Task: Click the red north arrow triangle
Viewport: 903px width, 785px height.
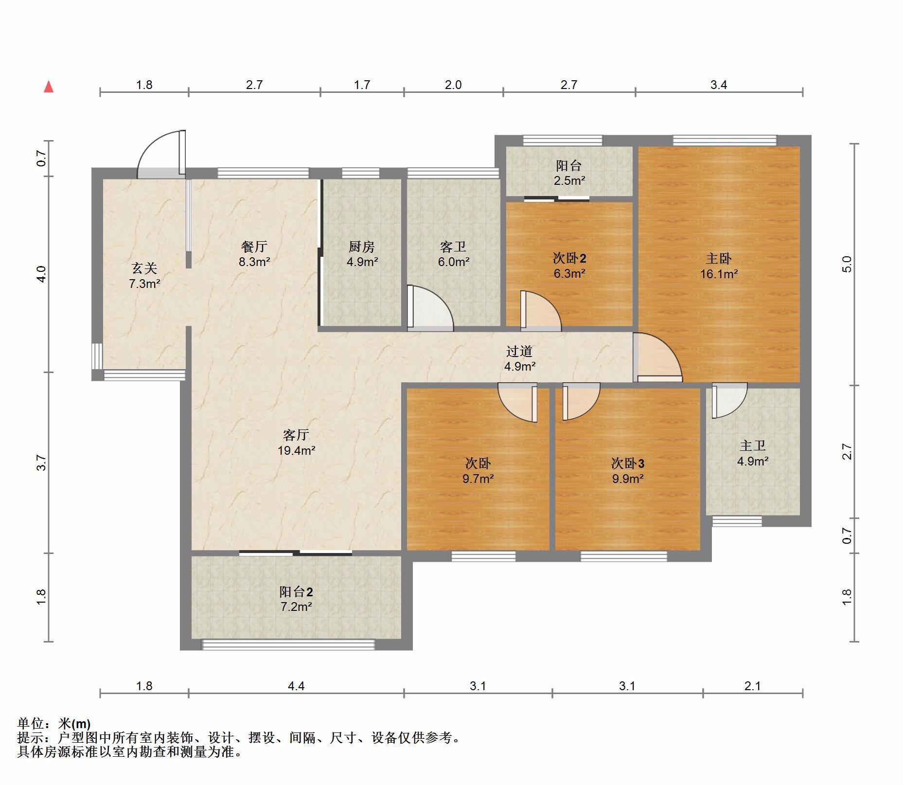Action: pyautogui.click(x=49, y=87)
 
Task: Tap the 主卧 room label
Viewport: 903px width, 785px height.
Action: pyautogui.click(x=719, y=258)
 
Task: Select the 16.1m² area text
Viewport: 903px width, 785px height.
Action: pyautogui.click(x=719, y=274)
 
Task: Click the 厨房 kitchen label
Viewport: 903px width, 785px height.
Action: pyautogui.click(x=362, y=247)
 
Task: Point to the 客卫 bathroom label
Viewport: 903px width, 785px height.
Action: pyautogui.click(x=453, y=247)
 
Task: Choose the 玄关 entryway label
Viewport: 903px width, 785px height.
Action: pyautogui.click(x=144, y=268)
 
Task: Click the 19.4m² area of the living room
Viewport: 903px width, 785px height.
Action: pyautogui.click(x=296, y=450)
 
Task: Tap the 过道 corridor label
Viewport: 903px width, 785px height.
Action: pyautogui.click(x=519, y=351)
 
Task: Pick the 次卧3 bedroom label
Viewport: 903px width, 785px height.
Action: pyautogui.click(x=627, y=463)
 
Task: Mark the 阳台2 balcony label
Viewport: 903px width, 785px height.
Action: pyautogui.click(x=296, y=591)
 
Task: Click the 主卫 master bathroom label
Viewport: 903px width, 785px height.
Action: pyautogui.click(x=753, y=446)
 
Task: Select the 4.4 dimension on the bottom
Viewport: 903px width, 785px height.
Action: pyautogui.click(x=296, y=686)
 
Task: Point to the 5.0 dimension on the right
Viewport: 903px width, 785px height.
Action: pyautogui.click(x=847, y=264)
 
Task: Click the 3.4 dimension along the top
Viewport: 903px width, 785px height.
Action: pyautogui.click(x=719, y=85)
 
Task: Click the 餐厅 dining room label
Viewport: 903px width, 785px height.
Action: pyautogui.click(x=254, y=247)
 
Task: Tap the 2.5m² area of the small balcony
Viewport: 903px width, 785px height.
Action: pyautogui.click(x=569, y=180)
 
